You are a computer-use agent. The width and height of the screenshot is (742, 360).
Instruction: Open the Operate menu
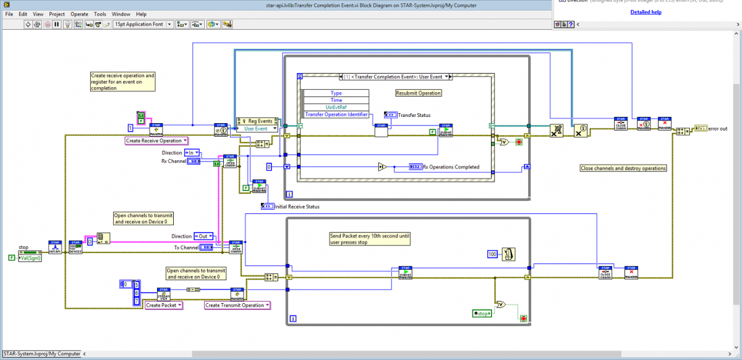click(x=79, y=14)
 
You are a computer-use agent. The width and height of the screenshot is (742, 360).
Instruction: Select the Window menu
click(x=121, y=14)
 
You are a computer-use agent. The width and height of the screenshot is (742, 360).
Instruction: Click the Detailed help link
click(x=646, y=12)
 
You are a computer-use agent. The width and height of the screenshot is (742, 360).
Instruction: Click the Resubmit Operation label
click(x=419, y=93)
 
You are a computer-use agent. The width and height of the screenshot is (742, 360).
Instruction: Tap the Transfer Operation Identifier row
click(x=336, y=114)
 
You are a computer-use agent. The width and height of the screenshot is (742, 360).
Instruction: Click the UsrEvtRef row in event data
click(x=336, y=107)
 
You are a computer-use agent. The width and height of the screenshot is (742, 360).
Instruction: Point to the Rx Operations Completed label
click(x=451, y=166)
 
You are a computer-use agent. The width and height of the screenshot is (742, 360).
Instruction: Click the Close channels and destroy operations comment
click(x=623, y=168)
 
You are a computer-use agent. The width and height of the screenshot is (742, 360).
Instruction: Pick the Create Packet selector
click(x=163, y=305)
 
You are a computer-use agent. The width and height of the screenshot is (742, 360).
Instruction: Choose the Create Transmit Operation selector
click(x=237, y=305)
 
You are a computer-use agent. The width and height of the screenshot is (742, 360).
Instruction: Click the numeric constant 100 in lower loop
click(x=493, y=254)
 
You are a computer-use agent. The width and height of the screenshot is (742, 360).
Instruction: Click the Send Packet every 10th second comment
click(x=369, y=238)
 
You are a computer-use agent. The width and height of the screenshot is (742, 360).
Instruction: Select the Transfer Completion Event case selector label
click(x=396, y=77)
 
